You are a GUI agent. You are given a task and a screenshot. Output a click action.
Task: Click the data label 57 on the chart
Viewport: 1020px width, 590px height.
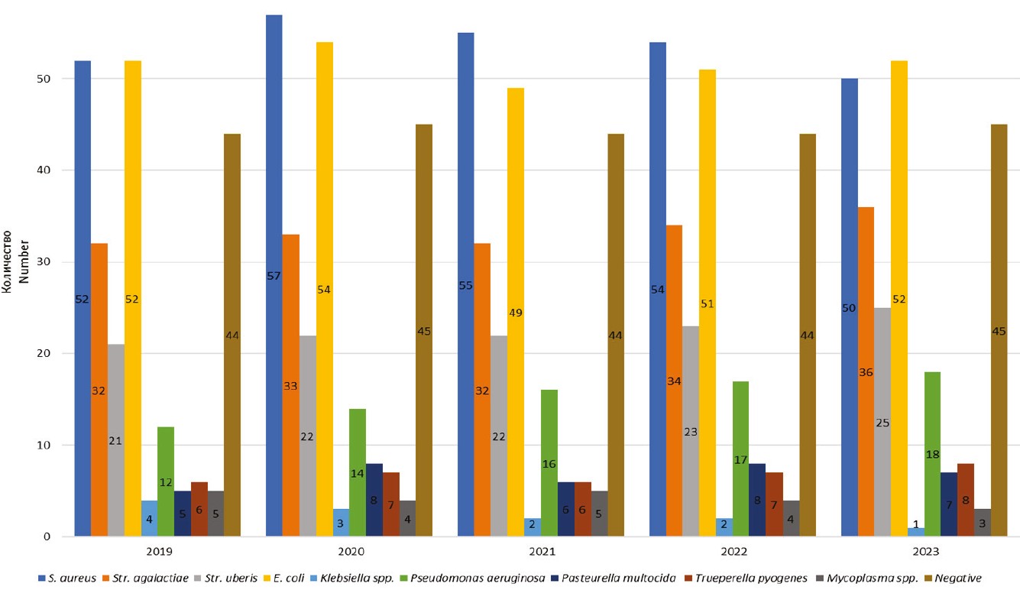click(x=274, y=276)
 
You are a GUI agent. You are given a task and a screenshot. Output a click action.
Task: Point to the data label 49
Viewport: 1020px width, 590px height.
click(x=516, y=313)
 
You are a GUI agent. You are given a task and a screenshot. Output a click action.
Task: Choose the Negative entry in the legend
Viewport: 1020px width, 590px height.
click(x=956, y=579)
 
